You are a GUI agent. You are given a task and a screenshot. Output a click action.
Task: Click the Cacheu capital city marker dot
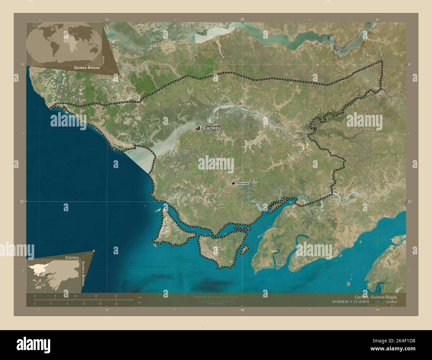click(x=198, y=128)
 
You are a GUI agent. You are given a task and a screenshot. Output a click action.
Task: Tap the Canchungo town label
click(x=242, y=183)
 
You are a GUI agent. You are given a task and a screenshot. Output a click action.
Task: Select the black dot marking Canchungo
click(x=233, y=183)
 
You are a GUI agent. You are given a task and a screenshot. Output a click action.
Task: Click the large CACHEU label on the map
click(x=212, y=128)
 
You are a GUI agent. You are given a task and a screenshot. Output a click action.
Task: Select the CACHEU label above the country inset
click(x=72, y=257)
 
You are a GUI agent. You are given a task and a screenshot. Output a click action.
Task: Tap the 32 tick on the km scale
click(x=116, y=296)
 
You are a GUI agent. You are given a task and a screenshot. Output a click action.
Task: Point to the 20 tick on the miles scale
click(x=116, y=304)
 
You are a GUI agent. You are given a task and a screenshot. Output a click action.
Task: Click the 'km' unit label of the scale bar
click(x=139, y=297)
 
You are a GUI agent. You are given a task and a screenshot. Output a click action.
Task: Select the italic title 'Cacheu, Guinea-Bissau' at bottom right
click(x=376, y=297)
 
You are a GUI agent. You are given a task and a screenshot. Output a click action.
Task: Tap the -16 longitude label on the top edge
click(x=242, y=20)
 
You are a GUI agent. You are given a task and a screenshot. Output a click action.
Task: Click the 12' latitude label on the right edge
click(x=410, y=202)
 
